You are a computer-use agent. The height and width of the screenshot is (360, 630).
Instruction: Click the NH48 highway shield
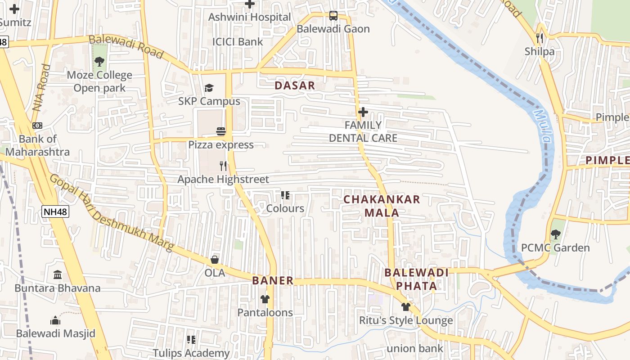[56, 211]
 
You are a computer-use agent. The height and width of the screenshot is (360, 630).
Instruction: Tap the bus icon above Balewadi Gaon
[333, 16]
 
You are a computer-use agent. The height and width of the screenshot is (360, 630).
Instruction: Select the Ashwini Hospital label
[249, 17]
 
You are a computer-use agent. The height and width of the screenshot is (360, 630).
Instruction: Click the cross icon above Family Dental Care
[363, 112]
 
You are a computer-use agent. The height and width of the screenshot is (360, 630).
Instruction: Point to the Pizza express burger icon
[221, 131]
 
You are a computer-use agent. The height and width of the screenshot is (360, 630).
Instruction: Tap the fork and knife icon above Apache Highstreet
[223, 166]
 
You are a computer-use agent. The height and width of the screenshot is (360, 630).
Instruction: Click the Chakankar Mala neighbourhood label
[382, 206]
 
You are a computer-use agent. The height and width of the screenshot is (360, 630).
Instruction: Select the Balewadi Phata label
[416, 279]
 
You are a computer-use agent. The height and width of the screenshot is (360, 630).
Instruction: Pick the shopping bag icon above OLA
[215, 260]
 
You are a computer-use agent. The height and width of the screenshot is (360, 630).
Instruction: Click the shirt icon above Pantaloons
[265, 299]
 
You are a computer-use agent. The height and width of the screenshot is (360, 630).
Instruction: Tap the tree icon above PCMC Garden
[555, 234]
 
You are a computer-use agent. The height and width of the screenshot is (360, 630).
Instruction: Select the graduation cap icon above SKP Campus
[209, 88]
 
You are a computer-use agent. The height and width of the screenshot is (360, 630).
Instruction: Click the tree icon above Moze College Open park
[99, 62]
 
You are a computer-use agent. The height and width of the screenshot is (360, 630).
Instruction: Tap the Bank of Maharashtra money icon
[37, 126]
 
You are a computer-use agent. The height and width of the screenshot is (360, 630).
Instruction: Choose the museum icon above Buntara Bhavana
[58, 274]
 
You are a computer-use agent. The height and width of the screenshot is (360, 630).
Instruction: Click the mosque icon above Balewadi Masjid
[55, 320]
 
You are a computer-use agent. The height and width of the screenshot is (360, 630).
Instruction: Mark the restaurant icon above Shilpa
[540, 38]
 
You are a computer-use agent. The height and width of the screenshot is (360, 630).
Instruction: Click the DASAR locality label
[294, 85]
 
